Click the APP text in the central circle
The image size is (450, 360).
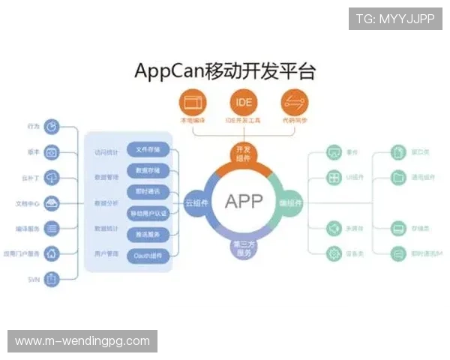244,201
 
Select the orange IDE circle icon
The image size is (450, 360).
244,102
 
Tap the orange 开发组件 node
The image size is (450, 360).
243,153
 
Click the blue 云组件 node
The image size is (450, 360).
196,202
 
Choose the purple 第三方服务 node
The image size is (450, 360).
243,248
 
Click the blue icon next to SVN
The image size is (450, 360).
52,279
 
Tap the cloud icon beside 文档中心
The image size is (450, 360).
52,202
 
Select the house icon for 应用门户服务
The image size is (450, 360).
52,253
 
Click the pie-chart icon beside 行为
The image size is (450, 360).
52,127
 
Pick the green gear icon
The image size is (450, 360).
334,253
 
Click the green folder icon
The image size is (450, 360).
399,178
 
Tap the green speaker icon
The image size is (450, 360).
334,228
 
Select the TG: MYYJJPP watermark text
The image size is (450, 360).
395,18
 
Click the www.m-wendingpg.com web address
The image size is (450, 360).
82,341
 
